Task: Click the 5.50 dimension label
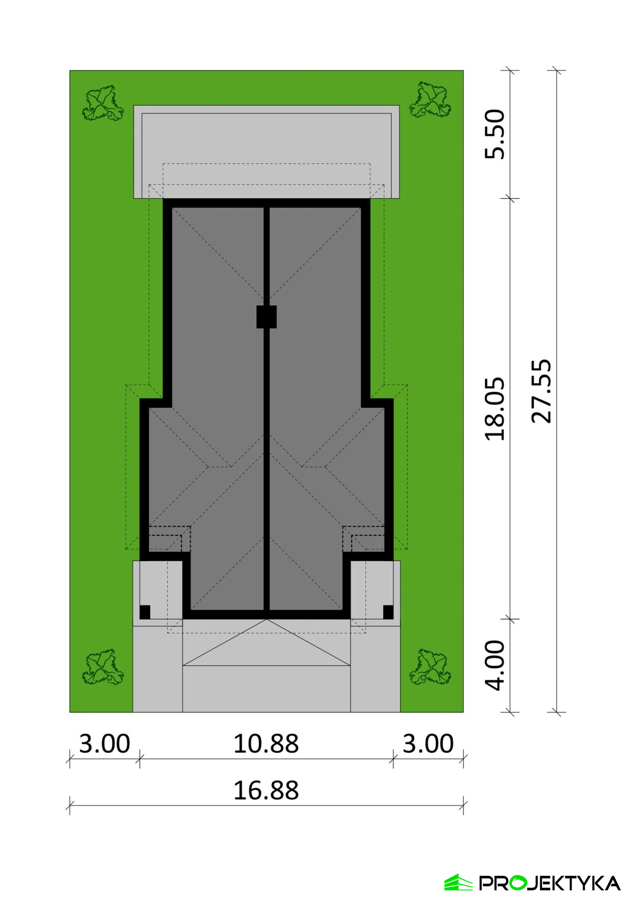coord(495,134)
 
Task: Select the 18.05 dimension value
coord(495,409)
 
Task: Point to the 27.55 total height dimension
coord(542,391)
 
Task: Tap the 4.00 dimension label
coord(495,665)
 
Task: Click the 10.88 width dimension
coord(266,744)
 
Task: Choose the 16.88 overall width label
coord(266,791)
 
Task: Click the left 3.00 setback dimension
coord(104,744)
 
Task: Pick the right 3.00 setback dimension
coord(428,744)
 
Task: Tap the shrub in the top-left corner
coord(103,103)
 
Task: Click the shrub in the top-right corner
coord(430,99)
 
